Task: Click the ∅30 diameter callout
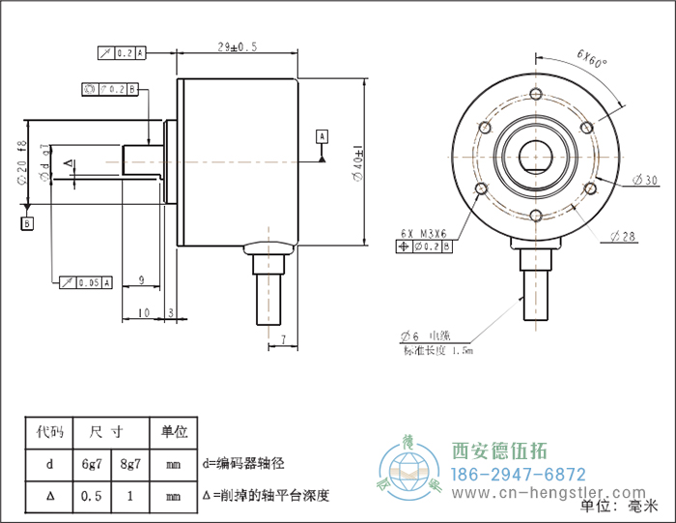[x=644, y=180]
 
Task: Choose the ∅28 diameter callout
[x=625, y=236]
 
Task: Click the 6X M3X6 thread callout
[x=421, y=233]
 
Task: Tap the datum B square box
[x=27, y=223]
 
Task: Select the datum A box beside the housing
[x=322, y=134]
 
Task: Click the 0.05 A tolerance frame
[x=87, y=282]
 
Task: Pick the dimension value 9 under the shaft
[x=141, y=280]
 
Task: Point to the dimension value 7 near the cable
[x=283, y=337]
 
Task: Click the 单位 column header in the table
[x=173, y=432]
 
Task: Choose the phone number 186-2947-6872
[x=519, y=475]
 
